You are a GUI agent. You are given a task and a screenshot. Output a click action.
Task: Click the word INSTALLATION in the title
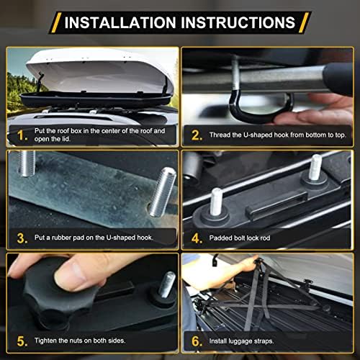pyautogui.click(x=120, y=22)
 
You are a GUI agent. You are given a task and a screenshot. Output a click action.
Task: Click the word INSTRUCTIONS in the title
pyautogui.click(x=238, y=22)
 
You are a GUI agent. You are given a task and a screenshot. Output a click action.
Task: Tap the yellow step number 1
pyautogui.click(x=22, y=135)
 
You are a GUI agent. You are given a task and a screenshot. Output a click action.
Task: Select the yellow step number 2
pyautogui.click(x=197, y=135)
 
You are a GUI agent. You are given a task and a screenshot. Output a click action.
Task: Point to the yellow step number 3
pyautogui.click(x=22, y=238)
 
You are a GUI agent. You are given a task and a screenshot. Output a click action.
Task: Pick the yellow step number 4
pyautogui.click(x=197, y=238)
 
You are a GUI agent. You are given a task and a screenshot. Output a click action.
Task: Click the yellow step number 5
pyautogui.click(x=22, y=341)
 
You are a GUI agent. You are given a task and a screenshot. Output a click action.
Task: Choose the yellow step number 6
pyautogui.click(x=197, y=341)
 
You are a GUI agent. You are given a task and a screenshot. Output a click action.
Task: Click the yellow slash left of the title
pyautogui.click(x=56, y=22)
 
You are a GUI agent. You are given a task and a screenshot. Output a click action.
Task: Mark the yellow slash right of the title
pyautogui.click(x=305, y=22)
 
